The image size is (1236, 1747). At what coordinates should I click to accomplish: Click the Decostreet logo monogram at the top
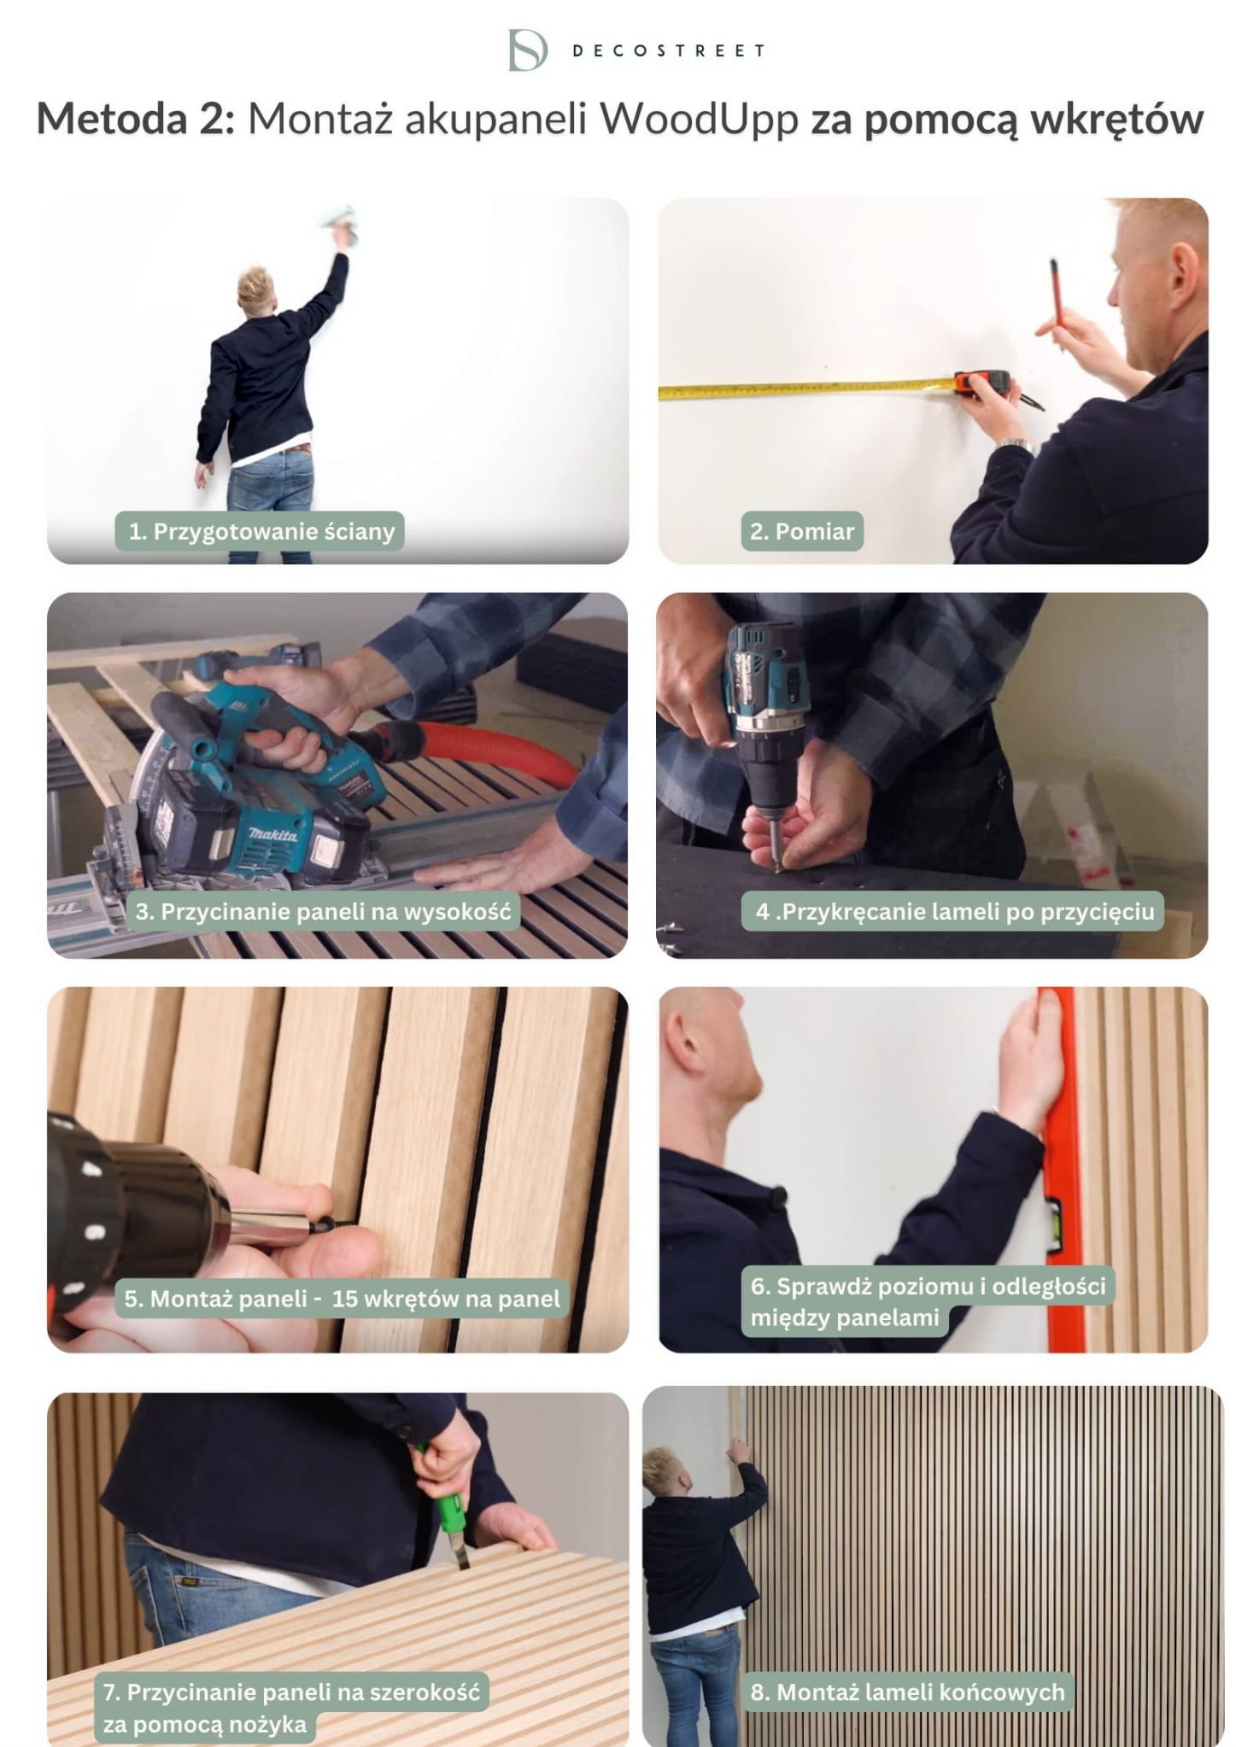coord(527,50)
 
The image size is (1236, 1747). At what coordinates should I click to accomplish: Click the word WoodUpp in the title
coord(699,119)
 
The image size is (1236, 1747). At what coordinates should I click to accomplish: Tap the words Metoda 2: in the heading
coord(135,118)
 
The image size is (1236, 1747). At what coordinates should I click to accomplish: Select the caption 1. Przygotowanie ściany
coord(261,531)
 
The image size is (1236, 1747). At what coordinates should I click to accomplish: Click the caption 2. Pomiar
coord(802,531)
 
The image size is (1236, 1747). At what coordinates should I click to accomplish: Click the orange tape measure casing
coord(982,383)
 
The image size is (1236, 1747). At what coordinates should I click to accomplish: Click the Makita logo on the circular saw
coord(273,833)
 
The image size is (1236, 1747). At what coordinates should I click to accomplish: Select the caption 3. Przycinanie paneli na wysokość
coord(323,911)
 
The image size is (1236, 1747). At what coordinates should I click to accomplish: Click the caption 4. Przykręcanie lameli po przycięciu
coord(953,911)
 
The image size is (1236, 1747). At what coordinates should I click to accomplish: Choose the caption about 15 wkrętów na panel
coord(342,1299)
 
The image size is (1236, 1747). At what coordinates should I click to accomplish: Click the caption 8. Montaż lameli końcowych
coord(908,1692)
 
